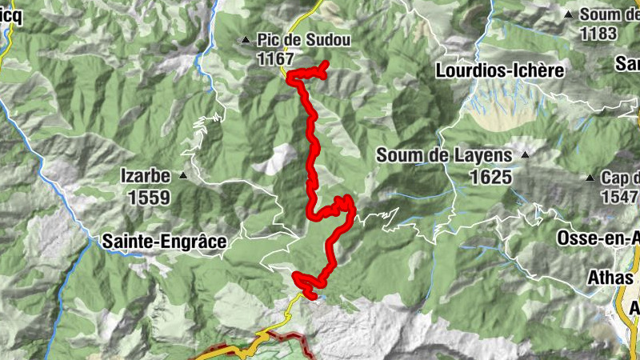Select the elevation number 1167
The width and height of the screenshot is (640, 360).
tap(276, 58)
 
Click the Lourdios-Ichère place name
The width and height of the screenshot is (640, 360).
tap(500, 70)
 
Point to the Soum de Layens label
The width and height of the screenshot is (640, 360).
tap(443, 156)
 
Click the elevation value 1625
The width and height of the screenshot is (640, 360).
tap(490, 176)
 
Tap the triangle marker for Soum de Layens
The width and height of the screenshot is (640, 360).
tap(525, 154)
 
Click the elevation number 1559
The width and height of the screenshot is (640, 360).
tap(148, 196)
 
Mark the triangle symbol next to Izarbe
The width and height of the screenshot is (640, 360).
tap(183, 175)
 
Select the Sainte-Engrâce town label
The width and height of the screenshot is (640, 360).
tap(164, 240)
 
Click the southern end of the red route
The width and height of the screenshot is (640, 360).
tap(313, 298)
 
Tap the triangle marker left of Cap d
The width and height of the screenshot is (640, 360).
tap(590, 178)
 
